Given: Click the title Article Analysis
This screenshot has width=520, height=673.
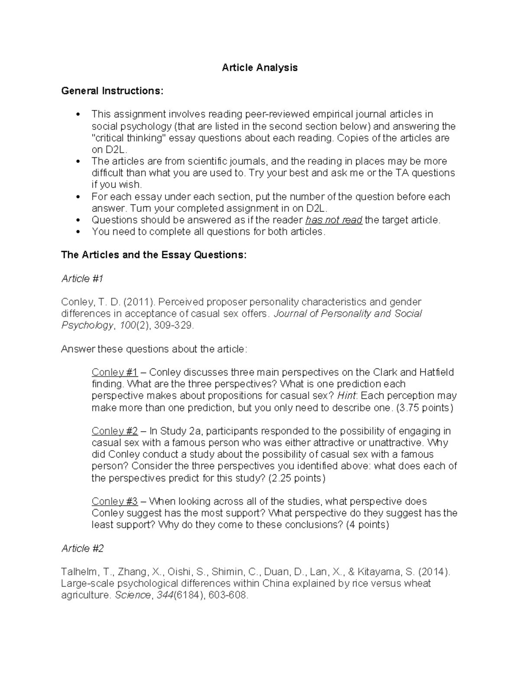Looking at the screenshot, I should click(x=260, y=68).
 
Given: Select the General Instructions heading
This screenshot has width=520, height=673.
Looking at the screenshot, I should click(x=113, y=91).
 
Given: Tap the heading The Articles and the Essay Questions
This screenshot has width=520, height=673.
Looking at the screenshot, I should click(x=154, y=255).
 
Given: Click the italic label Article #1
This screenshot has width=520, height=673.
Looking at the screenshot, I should click(x=82, y=278).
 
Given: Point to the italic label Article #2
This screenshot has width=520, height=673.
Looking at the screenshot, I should click(x=82, y=548).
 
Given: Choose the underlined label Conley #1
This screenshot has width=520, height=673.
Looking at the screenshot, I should click(x=114, y=372).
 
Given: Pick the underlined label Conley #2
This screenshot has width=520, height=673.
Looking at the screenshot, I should click(x=114, y=431).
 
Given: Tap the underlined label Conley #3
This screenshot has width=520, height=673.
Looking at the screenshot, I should click(x=114, y=501).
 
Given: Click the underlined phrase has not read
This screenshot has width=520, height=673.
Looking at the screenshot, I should click(x=334, y=220).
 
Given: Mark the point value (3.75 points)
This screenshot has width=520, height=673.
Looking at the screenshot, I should click(x=425, y=408).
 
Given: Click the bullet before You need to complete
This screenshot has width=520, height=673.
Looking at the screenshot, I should click(x=78, y=232).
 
